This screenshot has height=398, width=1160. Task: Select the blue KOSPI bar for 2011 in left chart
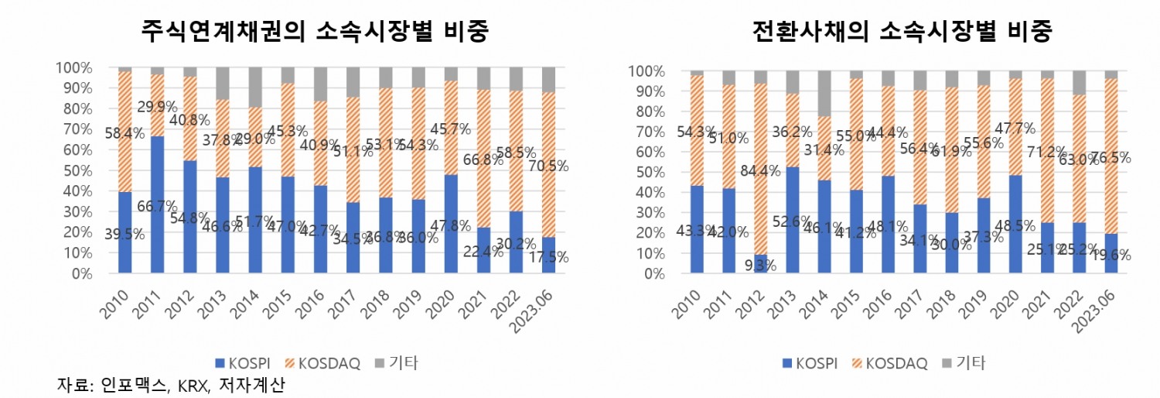[x=157, y=204]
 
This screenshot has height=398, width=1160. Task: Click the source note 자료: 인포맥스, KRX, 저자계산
[x=171, y=385]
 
